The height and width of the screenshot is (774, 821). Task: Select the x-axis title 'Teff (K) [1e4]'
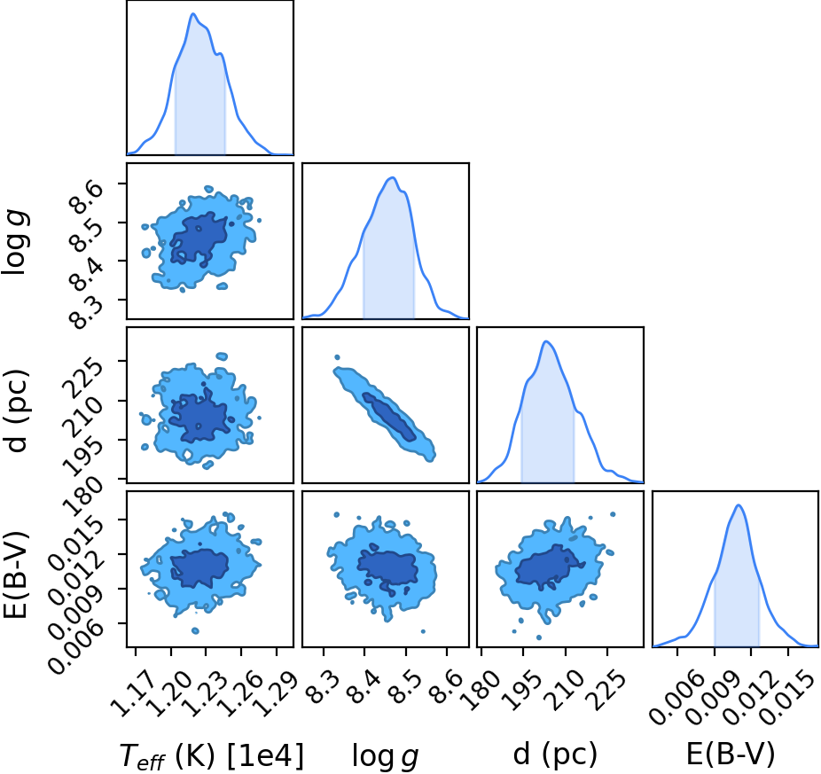click(212, 755)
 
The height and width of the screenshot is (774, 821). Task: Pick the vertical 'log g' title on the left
click(16, 241)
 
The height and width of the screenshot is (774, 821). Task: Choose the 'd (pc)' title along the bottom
click(555, 754)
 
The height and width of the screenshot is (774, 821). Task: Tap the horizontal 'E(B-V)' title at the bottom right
click(730, 754)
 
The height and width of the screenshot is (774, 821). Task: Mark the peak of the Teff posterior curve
click(192, 13)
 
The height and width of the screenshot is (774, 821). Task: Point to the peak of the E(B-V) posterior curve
click(739, 505)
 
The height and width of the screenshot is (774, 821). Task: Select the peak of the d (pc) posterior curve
click(547, 341)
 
